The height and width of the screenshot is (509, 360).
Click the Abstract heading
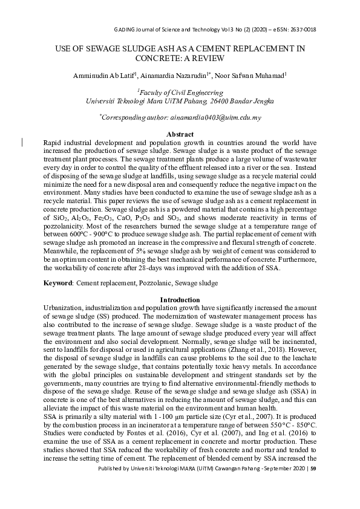[180, 134]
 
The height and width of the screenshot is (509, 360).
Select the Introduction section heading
[180, 300]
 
